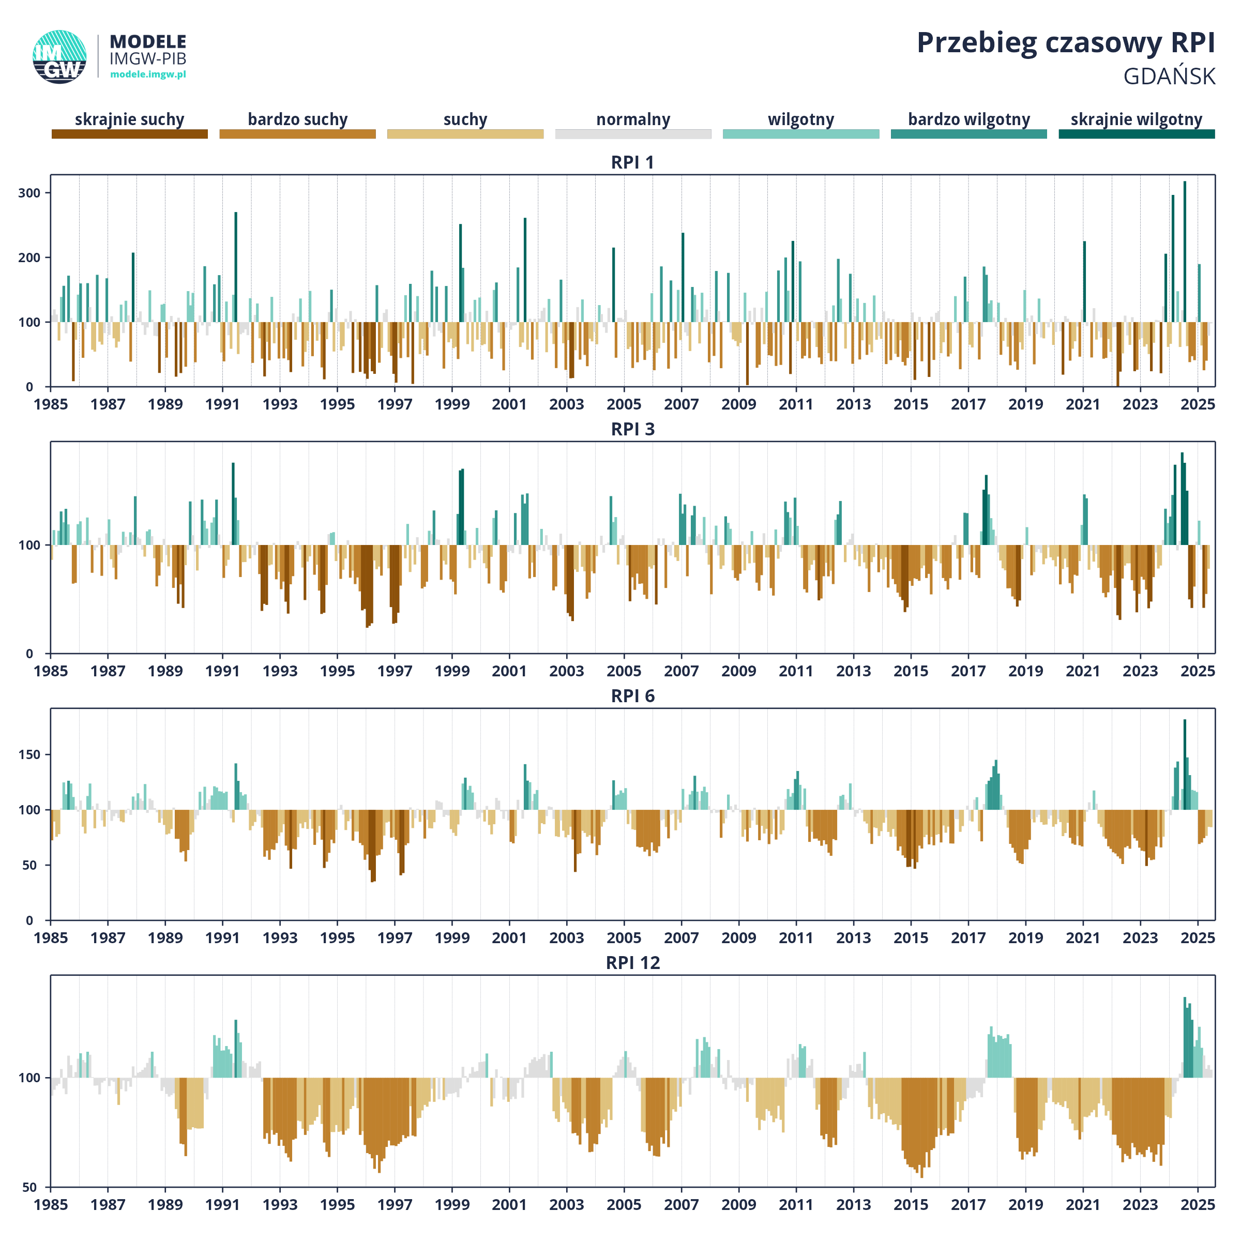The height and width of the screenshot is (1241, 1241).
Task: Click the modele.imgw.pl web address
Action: [148, 74]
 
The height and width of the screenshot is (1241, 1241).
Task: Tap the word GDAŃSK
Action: [1169, 77]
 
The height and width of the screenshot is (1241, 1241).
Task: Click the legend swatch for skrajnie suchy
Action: [130, 133]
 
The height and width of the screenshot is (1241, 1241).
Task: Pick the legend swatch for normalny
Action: [633, 133]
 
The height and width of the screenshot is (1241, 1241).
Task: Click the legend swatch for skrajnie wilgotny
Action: [1137, 133]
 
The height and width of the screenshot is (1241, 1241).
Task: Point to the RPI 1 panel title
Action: [633, 162]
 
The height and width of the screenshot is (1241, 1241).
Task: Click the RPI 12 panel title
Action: [633, 963]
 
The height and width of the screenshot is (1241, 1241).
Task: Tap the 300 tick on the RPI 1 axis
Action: [29, 193]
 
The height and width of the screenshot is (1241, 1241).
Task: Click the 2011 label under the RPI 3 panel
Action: [796, 671]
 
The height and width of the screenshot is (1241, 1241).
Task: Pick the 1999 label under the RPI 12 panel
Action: [452, 1204]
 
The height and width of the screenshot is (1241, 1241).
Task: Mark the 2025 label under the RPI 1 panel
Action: [1198, 404]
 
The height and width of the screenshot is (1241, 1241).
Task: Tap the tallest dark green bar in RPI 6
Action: [1185, 764]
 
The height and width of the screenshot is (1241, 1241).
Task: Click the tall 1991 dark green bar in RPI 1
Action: [236, 267]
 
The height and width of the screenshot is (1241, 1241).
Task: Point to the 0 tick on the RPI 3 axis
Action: [29, 653]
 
